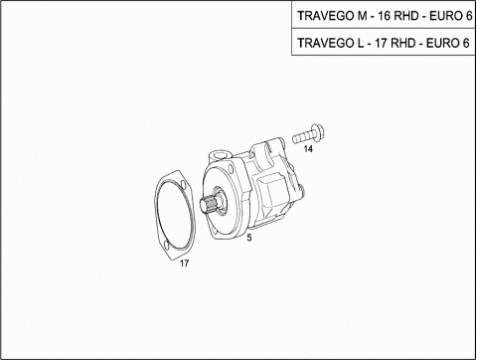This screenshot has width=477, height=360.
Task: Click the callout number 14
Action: [308, 149]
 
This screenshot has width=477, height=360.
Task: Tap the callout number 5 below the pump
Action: [249, 238]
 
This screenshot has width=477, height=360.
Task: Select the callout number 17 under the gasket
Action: [184, 264]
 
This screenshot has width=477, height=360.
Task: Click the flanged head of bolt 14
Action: [318, 133]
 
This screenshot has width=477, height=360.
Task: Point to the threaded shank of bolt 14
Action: [302, 137]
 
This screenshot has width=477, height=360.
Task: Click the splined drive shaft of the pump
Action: [208, 203]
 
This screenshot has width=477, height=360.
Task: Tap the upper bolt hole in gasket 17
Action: [183, 184]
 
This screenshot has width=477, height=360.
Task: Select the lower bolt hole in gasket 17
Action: [167, 246]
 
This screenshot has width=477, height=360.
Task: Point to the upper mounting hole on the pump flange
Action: [231, 170]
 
